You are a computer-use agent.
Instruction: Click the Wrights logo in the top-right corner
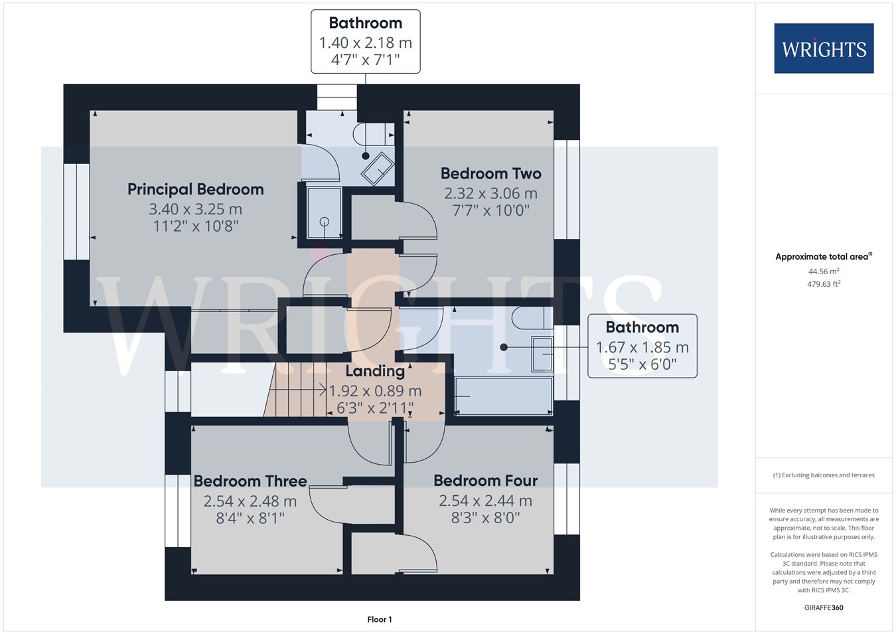824,48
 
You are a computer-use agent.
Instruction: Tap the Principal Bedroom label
196,189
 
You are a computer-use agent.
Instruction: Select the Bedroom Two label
490,173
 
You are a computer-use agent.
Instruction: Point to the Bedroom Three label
250,481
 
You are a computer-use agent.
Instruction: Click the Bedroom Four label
486,481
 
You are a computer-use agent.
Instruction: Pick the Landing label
375,371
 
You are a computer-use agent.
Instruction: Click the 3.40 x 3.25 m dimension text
196,209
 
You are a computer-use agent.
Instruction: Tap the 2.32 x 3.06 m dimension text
490,194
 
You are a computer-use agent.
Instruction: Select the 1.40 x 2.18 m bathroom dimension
366,42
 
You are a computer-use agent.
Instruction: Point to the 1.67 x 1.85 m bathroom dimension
642,347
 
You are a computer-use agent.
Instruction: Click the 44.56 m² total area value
824,272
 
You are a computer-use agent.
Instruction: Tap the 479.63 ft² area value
824,284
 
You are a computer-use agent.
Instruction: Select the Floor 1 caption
380,619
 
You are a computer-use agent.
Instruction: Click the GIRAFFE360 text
824,607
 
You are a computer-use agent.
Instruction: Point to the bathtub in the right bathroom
504,396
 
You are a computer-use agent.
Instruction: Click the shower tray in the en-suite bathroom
324,212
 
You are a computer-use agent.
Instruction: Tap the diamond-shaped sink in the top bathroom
378,169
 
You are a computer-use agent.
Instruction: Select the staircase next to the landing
296,389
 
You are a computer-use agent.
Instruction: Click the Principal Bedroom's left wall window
76,212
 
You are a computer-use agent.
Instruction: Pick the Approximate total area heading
824,256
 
